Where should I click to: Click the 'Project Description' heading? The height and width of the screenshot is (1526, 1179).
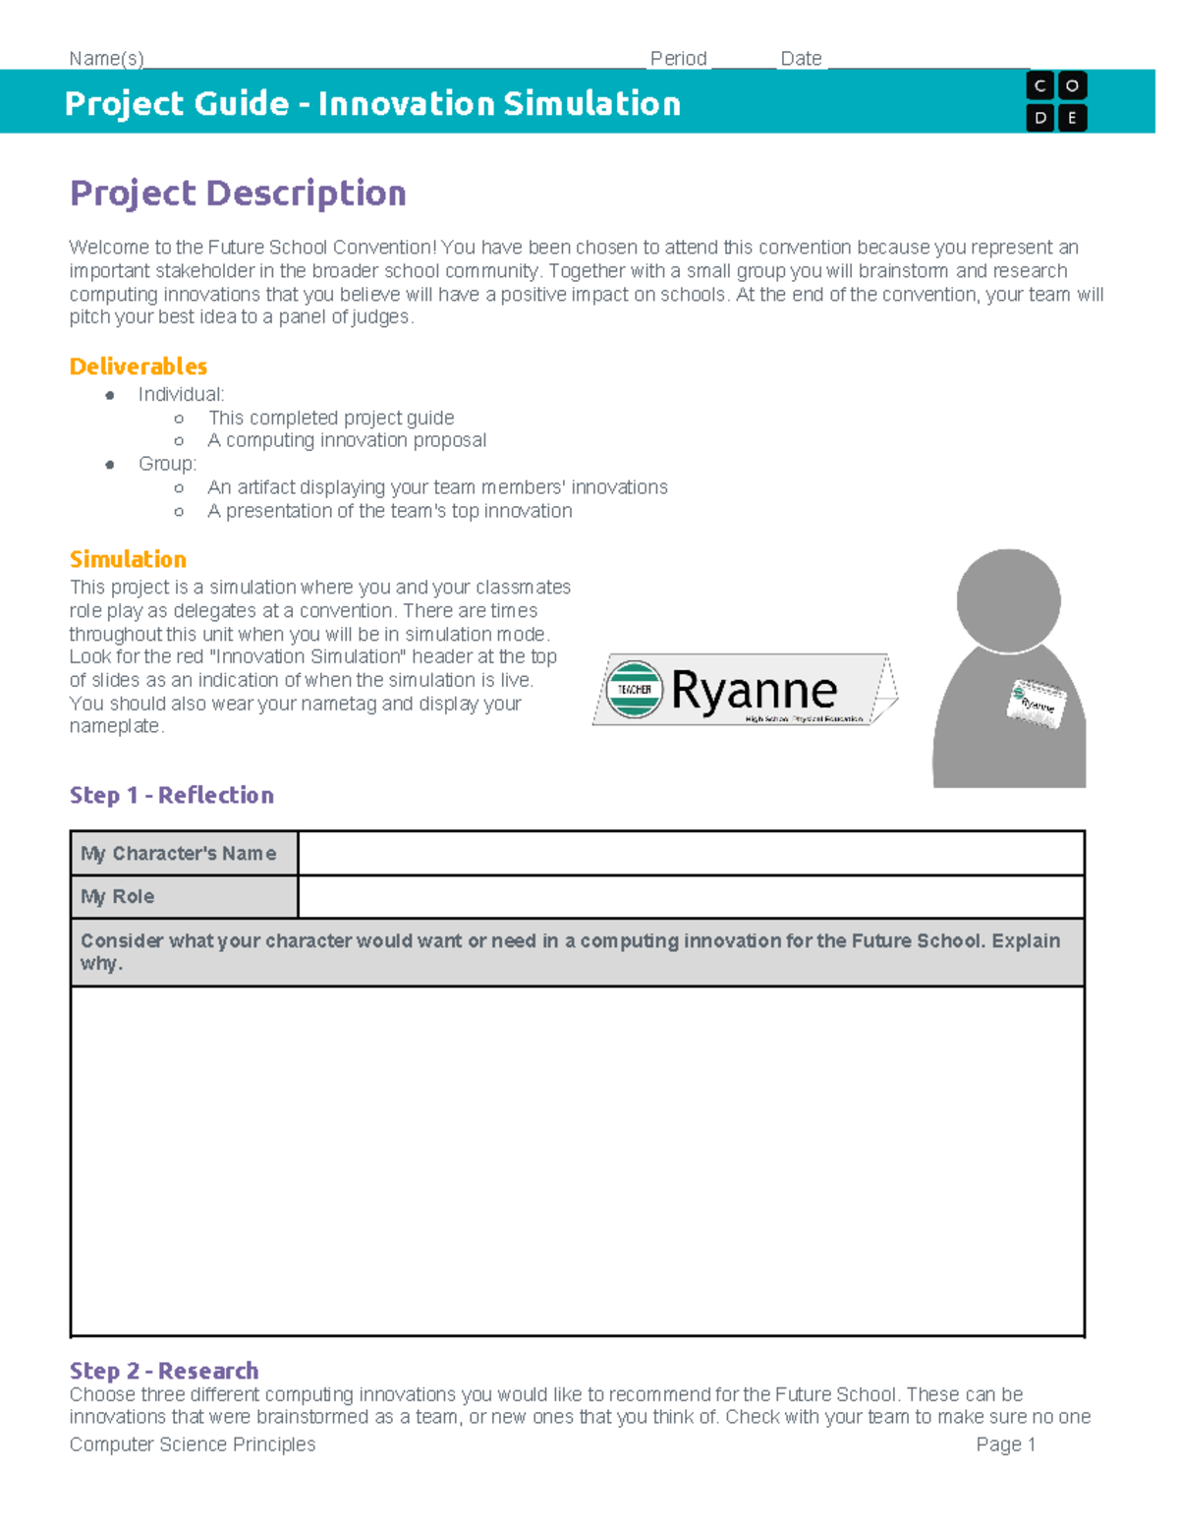coord(238,194)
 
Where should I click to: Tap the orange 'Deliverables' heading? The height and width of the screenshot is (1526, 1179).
coord(139,367)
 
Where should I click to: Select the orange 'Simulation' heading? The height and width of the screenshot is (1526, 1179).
coord(128,559)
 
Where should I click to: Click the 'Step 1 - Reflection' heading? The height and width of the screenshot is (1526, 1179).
coord(172,795)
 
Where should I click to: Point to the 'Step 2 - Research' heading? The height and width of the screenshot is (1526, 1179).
coord(164,1371)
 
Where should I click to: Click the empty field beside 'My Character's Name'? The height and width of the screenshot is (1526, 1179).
coord(691,853)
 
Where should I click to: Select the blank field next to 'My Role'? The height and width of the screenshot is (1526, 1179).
coord(691,896)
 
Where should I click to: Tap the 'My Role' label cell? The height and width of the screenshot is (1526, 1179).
coord(184,896)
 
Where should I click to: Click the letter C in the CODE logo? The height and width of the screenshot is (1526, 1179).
coord(1040,86)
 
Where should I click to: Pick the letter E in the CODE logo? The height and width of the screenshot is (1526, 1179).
coord(1072,118)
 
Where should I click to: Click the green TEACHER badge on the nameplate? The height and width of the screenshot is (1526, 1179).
coord(634,689)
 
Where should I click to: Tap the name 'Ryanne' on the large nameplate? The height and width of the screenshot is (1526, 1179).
coord(755,690)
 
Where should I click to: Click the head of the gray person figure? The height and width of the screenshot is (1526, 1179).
coord(1008,599)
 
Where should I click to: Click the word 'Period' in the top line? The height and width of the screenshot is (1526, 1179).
coord(678,59)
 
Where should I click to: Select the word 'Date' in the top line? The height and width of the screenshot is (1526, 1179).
coord(801,59)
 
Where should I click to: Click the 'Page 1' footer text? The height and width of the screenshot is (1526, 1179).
coord(1005,1444)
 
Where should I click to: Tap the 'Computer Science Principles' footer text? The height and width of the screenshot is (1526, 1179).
coord(193,1444)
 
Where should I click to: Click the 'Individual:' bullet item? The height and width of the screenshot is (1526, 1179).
coord(181,394)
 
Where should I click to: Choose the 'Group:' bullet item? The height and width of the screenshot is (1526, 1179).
coord(167,464)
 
